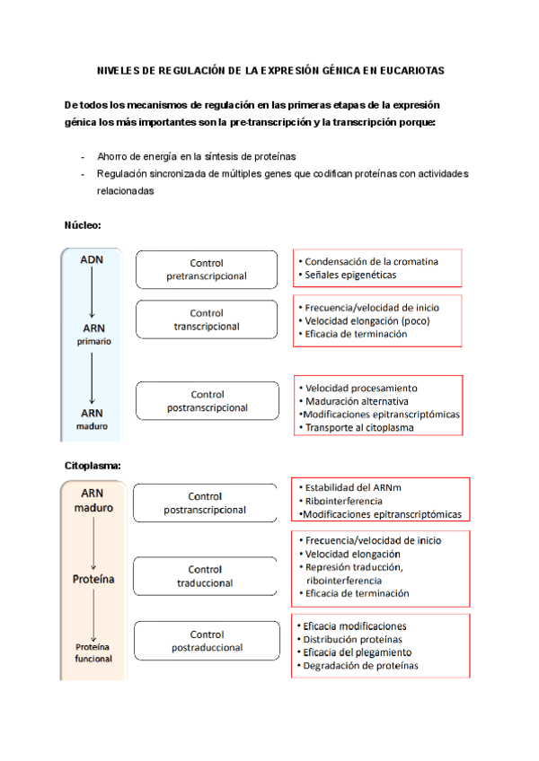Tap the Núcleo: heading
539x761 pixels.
pos(83,224)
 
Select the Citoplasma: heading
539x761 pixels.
pos(93,465)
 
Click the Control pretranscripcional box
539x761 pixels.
pos(207,269)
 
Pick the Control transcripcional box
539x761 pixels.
pos(207,319)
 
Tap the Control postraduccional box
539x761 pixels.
pos(207,640)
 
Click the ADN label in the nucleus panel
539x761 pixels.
pos(92,259)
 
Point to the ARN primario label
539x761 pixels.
pos(93,334)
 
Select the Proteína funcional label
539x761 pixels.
pos(93,652)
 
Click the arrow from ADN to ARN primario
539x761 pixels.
pos(92,293)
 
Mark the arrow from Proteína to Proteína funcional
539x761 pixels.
pos(93,612)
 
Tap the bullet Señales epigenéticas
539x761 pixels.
pos(350,275)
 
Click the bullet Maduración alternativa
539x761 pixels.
pos(357,401)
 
